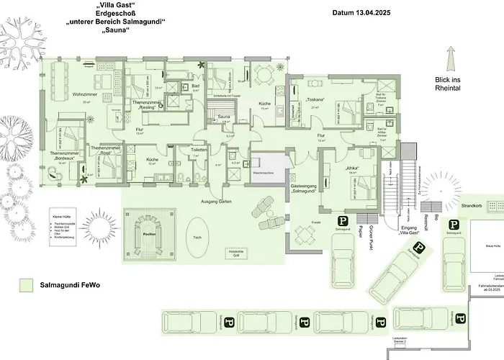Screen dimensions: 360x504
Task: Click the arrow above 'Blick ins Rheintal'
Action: point(452,57)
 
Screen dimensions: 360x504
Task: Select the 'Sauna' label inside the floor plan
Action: point(224,116)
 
